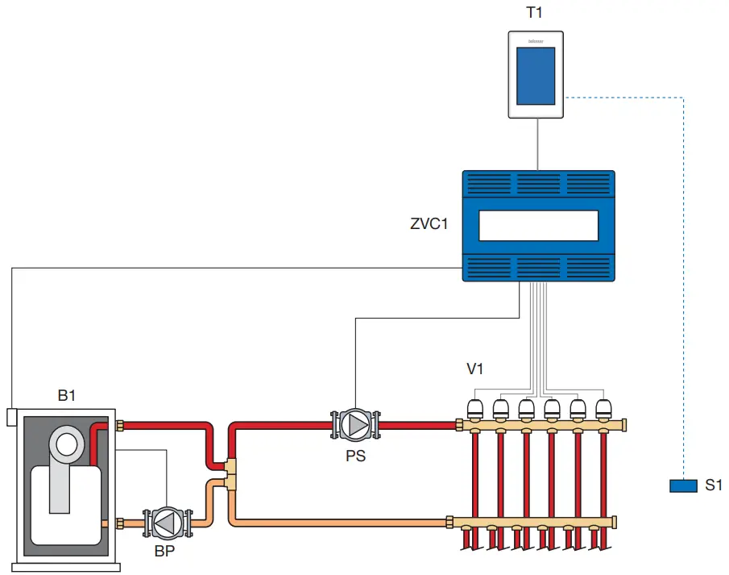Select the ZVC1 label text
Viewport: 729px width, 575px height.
pos(429,224)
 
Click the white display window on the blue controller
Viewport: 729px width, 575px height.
pos(538,226)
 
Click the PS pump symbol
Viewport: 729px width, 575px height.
pos(355,424)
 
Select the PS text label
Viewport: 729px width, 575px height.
pos(355,456)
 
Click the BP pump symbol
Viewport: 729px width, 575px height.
pos(165,523)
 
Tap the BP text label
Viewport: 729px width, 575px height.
pos(165,554)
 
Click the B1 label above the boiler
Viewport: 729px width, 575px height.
pos(66,395)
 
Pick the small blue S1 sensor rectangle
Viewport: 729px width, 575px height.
pos(683,485)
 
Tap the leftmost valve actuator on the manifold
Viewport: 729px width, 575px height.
pos(474,408)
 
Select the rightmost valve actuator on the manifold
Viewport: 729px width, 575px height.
pos(603,408)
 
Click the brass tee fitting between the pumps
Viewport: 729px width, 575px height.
pos(231,474)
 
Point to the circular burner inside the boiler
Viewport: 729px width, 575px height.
pos(66,443)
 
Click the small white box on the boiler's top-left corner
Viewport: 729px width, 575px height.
pos(11,416)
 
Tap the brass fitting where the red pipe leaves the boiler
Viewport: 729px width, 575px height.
pos(119,425)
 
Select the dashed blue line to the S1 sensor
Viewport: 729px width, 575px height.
pos(683,282)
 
